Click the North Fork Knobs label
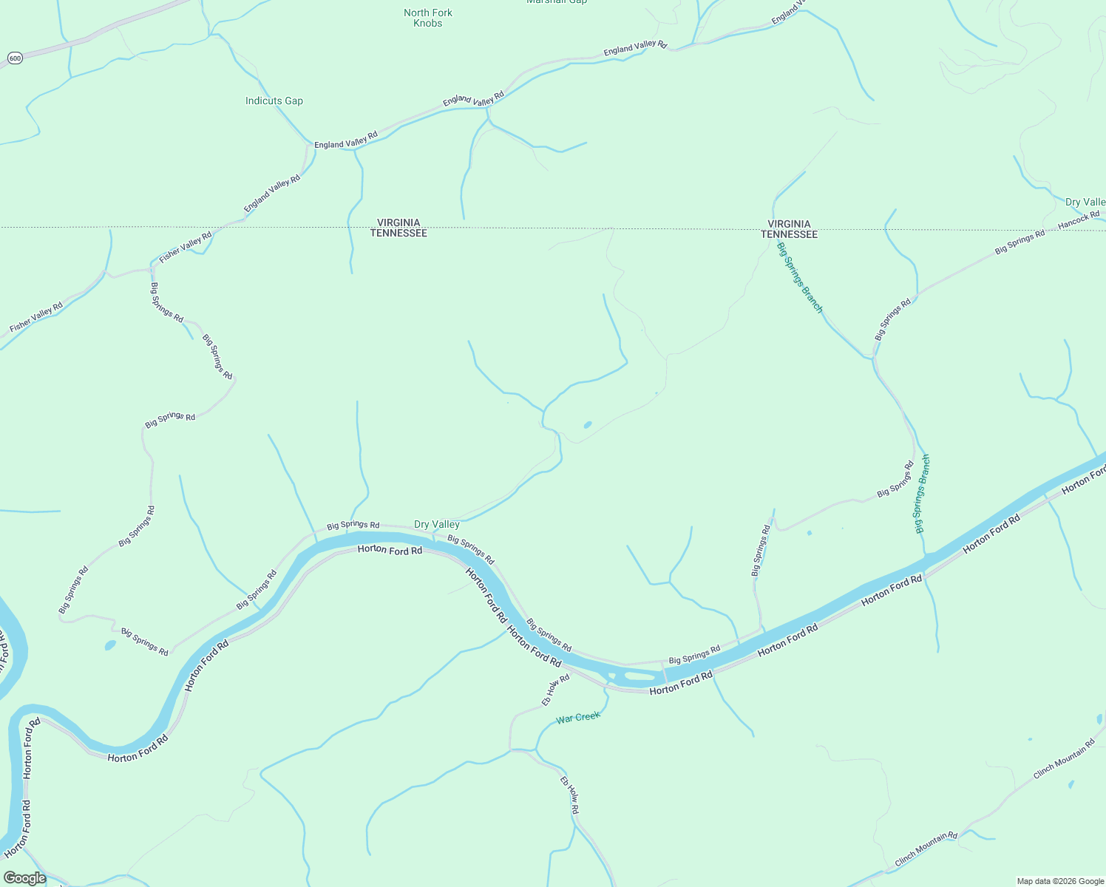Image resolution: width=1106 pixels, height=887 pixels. point(428,18)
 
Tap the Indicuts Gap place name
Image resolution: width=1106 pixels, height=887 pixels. point(274,101)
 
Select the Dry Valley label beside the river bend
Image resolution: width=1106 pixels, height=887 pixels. point(437,524)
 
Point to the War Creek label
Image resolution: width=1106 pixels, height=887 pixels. point(578,717)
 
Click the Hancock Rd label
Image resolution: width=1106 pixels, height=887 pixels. point(1079,219)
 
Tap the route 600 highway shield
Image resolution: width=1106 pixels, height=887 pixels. point(14,58)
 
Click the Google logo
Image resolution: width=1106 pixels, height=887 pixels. point(24,878)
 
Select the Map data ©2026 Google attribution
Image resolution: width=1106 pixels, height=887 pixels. point(1060,881)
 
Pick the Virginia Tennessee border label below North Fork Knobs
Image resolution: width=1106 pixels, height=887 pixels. point(398,228)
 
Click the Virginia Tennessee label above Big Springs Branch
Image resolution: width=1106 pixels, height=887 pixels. point(790,229)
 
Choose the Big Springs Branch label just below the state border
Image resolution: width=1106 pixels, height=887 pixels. point(800,278)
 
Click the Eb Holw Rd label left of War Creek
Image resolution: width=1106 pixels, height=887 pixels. point(556,690)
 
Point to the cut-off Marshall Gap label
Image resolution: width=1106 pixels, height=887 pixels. point(557,2)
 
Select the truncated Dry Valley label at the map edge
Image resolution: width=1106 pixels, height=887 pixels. point(1085,202)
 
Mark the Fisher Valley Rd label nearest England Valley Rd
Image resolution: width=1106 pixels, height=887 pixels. point(186,247)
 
